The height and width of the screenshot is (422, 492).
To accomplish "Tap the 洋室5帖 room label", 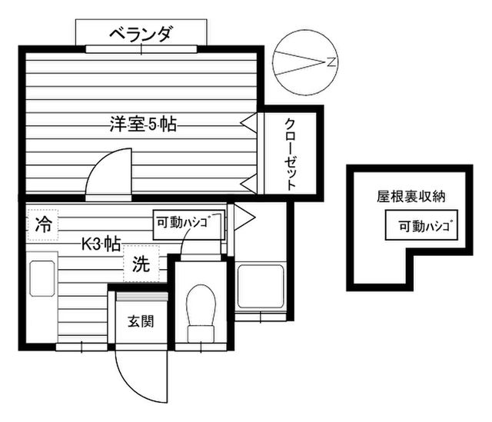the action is tap(143, 124).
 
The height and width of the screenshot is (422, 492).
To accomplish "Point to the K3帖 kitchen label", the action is tap(101, 244).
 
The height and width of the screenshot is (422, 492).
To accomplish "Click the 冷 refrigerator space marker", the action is tap(43, 225).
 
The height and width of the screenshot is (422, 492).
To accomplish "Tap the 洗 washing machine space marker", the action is tap(141, 265).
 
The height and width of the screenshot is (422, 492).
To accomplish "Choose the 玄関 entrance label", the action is tap(141, 321).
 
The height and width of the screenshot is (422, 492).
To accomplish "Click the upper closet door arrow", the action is tap(248, 121).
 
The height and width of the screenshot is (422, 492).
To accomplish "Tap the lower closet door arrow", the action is tap(248, 183).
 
